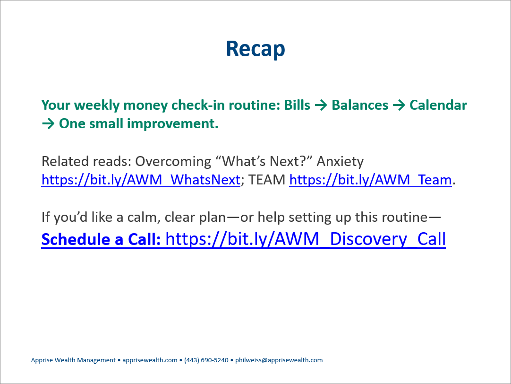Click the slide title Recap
pos(255,49)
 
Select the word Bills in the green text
pos(297,105)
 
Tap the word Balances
pos(360,105)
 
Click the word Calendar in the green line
pos(438,105)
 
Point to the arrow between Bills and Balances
pos(321,105)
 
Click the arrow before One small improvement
pos(48,124)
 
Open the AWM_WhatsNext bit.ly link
pos(141,180)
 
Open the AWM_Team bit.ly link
pos(371,180)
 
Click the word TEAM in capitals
pos(266,180)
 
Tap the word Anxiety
pos(340,161)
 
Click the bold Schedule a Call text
pos(101,239)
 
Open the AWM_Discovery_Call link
pos(306,239)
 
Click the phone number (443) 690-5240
pos(206,360)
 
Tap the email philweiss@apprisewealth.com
pos(279,360)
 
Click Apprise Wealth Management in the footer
pos(73,360)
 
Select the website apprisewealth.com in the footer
pos(150,360)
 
